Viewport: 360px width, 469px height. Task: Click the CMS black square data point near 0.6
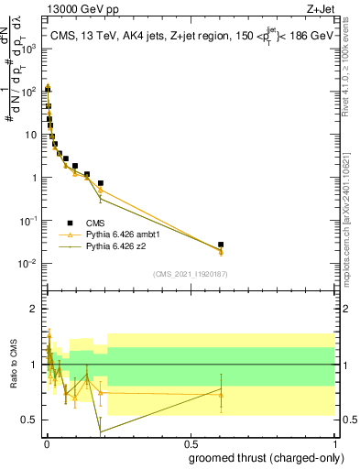(x=221, y=245)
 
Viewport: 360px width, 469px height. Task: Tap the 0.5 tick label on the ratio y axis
(x=30, y=420)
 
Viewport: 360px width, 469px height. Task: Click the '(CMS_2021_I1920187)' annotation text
(x=191, y=274)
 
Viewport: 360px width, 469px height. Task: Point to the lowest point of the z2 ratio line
(x=100, y=431)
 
